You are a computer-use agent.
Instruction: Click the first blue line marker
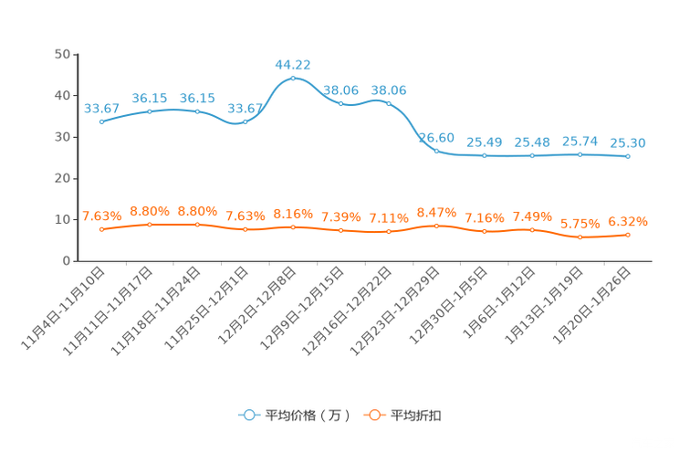pos(101,121)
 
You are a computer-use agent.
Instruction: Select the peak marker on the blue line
pos(293,79)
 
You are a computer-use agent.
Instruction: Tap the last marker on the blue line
pos(628,157)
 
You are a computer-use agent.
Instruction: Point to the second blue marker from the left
pos(150,111)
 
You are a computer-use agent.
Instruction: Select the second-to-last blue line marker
pos(580,154)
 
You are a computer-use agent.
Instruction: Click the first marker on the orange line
pos(101,229)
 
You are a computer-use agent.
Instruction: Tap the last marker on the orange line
pos(628,235)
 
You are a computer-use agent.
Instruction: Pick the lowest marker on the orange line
pos(580,237)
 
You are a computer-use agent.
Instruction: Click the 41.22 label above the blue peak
pos(293,64)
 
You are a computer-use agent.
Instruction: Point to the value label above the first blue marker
pos(101,108)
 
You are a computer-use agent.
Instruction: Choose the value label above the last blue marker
pos(628,142)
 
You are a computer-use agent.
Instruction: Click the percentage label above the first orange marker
pos(101,216)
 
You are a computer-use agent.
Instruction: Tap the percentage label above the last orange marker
pos(628,220)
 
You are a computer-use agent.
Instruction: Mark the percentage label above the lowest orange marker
pos(580,223)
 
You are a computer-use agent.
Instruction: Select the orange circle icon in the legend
pos(372,415)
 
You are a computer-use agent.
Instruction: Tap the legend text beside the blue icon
pos(307,416)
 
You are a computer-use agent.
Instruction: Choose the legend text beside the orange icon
pos(416,416)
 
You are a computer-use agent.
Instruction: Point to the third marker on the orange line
pos(197,223)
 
